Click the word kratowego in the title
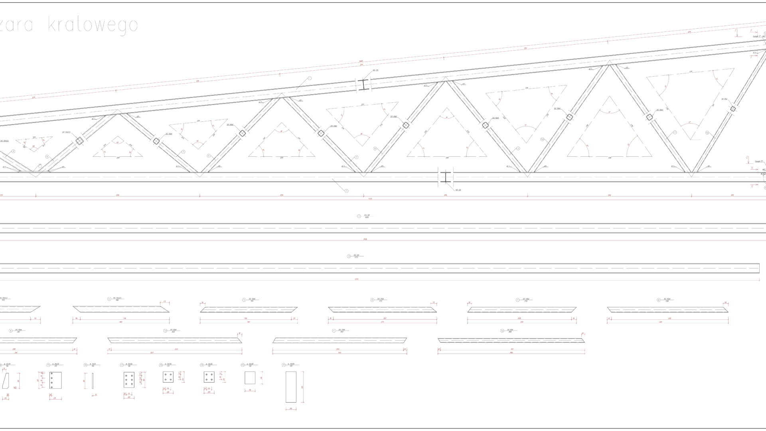pos(93,25)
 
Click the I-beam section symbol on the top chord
pos(363,85)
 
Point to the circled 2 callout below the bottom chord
pos(346,191)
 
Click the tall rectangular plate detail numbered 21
pos(291,387)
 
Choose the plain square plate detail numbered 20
pos(250,378)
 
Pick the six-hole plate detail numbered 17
pos(129,380)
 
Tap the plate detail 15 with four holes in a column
pos(55,380)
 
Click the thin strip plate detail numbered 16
pos(93,380)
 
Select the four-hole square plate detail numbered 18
pos(168,377)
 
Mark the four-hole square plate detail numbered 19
pos(209,377)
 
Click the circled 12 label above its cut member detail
pos(502,331)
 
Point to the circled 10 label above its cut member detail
pos(165,331)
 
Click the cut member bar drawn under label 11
pos(340,340)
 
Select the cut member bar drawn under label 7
pos(522,310)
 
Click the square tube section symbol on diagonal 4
pos(79,140)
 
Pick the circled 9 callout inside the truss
pos(518,148)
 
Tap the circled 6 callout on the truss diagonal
pos(209,156)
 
